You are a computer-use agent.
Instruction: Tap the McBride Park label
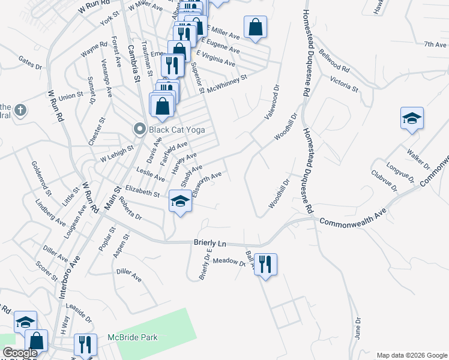coord(132,337)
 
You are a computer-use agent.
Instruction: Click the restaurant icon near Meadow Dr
coord(265,263)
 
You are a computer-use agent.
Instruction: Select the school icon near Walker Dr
coord(412,118)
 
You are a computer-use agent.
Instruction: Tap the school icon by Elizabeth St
coord(180,201)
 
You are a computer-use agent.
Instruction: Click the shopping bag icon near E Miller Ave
coord(256,28)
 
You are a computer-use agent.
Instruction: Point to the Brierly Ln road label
coord(209,243)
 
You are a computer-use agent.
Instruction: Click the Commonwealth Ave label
coord(352,218)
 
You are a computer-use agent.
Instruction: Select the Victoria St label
coord(344,84)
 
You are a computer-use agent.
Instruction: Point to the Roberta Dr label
coord(130,208)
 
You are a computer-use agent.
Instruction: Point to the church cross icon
coord(20,110)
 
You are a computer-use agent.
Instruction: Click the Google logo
coord(20,353)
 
